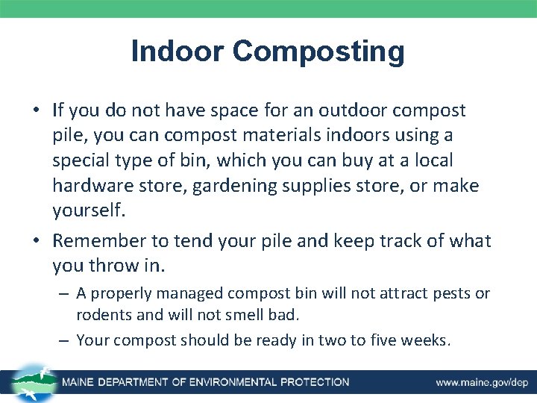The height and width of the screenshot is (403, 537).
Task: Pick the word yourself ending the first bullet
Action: [89, 210]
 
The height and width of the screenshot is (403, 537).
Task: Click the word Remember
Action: [101, 241]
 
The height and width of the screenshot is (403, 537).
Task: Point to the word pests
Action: [452, 293]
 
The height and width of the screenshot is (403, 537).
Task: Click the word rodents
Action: [101, 314]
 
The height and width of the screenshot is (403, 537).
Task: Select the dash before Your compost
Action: [64, 340]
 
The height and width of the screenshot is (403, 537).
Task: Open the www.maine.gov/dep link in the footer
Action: [480, 382]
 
